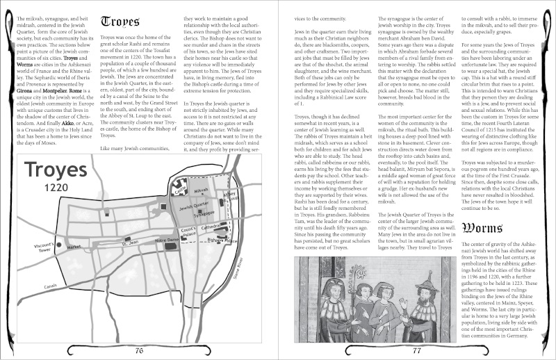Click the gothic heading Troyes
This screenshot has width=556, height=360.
(x=124, y=22)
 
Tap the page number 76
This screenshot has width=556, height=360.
(x=139, y=350)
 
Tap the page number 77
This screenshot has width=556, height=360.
(x=417, y=350)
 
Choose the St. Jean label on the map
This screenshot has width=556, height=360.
(x=130, y=243)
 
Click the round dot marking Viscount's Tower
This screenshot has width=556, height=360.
(x=59, y=245)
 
